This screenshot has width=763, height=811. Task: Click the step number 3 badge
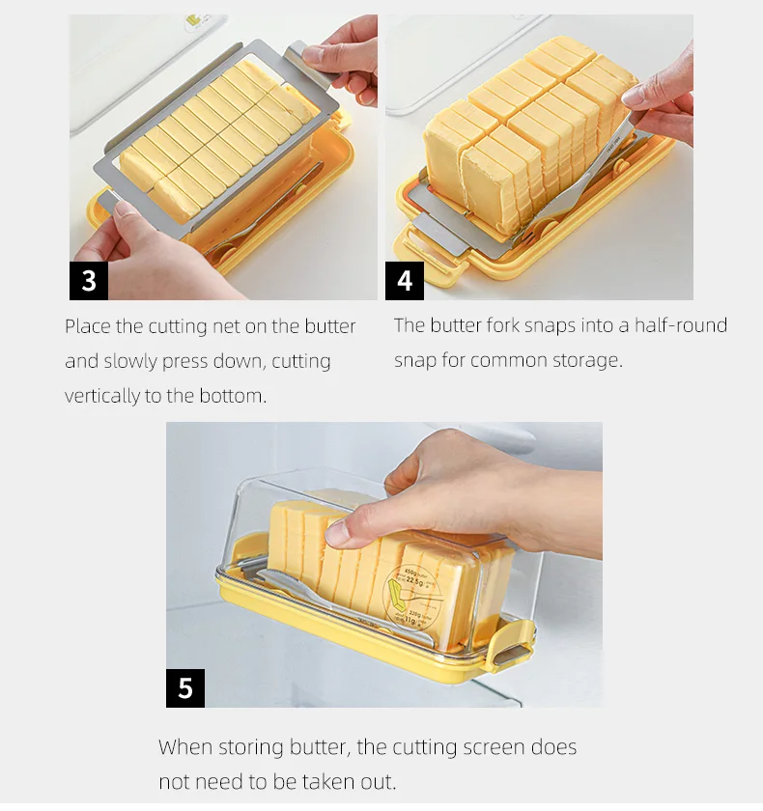pyautogui.click(x=89, y=281)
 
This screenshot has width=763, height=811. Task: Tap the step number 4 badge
pyautogui.click(x=405, y=281)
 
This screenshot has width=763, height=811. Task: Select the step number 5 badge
pyautogui.click(x=185, y=688)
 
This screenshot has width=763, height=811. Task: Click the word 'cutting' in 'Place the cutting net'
pyautogui.click(x=178, y=327)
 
